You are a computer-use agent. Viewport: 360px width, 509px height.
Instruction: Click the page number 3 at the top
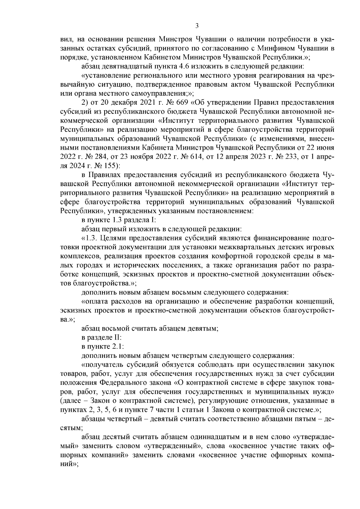197,26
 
